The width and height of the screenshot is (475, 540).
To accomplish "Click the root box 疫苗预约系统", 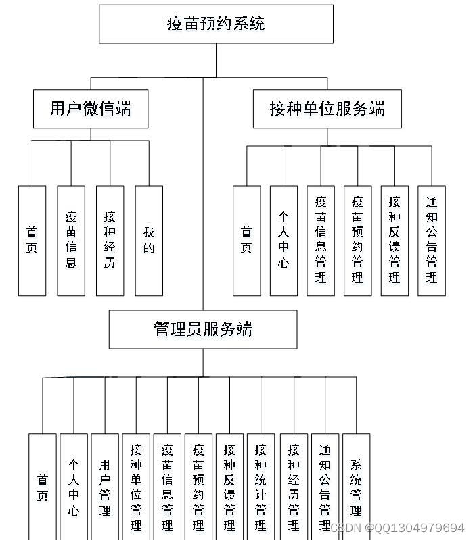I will tap(216, 24).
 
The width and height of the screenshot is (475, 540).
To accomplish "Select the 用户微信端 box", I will tap(91, 108).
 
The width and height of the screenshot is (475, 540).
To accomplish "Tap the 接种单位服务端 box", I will tap(327, 108).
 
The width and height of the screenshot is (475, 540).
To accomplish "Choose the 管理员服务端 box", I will tap(203, 329).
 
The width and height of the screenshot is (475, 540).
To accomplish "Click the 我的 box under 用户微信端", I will tap(149, 241).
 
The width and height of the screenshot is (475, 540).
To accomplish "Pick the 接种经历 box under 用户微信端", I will tap(110, 241).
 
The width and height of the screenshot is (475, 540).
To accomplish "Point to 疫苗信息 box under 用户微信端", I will tap(71, 241).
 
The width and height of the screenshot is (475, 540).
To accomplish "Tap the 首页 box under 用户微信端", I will tap(32, 241).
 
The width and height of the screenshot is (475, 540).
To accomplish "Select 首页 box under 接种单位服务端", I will tap(246, 241).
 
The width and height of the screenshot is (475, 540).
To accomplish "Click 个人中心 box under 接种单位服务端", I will tap(284, 241).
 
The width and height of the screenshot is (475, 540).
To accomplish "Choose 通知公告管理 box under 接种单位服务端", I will tap(432, 241).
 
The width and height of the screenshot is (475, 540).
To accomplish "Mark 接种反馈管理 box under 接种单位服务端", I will tap(394, 241).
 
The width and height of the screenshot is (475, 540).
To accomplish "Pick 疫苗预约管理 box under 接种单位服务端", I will tap(357, 241).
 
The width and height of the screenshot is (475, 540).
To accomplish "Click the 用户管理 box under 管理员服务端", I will tap(105, 487).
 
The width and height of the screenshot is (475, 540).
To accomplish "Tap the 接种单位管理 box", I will tap(136, 487).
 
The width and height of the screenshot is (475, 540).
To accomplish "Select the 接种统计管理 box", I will tap(261, 487).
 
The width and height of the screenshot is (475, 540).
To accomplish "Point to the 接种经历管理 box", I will tap(294, 487).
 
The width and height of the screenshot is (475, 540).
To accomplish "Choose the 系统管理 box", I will tap(356, 487).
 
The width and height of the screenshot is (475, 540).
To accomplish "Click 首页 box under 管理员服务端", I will tap(43, 487).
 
